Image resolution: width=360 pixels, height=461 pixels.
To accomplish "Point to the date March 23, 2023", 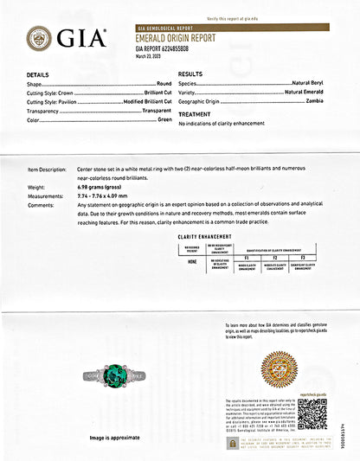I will tap(150, 56).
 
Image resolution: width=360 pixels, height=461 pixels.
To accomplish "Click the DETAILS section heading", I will tap(38, 75).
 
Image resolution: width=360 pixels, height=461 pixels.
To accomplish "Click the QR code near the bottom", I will tap(314, 413).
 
